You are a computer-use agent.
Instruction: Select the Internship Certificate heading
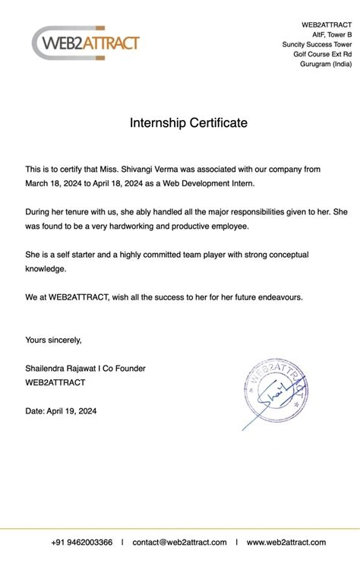pyautogui.click(x=188, y=122)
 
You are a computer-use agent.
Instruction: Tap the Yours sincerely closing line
pyautogui.click(x=53, y=340)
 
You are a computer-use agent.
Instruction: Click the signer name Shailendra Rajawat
pyautogui.click(x=63, y=368)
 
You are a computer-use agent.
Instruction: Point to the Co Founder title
pyautogui.click(x=124, y=368)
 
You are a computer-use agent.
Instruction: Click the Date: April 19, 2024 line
pyautogui.click(x=61, y=410)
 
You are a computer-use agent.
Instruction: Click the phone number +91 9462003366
pyautogui.click(x=82, y=542)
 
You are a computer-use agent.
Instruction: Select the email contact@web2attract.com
pyautogui.click(x=179, y=542)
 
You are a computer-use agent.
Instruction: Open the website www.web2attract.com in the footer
pyautogui.click(x=286, y=542)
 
